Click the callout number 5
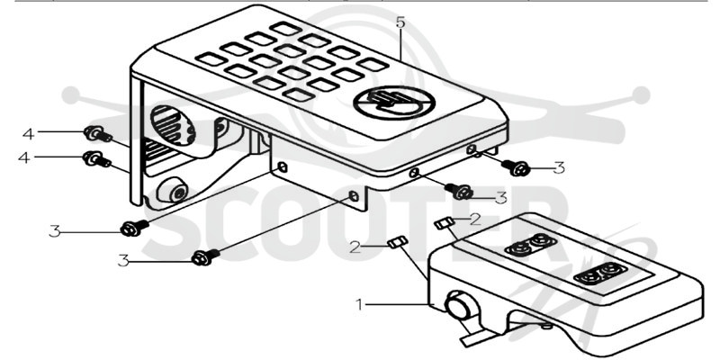pyautogui.click(x=400, y=22)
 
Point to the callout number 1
pyautogui.click(x=360, y=304)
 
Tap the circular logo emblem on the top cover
pyautogui.click(x=394, y=103)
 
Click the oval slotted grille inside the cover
pyautogui.click(x=173, y=125)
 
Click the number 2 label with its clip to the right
pyautogui.click(x=355, y=247)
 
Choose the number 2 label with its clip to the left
pyautogui.click(x=475, y=219)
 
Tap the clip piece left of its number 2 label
pyautogui.click(x=445, y=223)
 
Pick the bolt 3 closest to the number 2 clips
pyautogui.click(x=458, y=191)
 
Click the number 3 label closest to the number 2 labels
pyautogui.click(x=501, y=197)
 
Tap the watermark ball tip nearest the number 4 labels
pyautogui.click(x=72, y=95)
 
